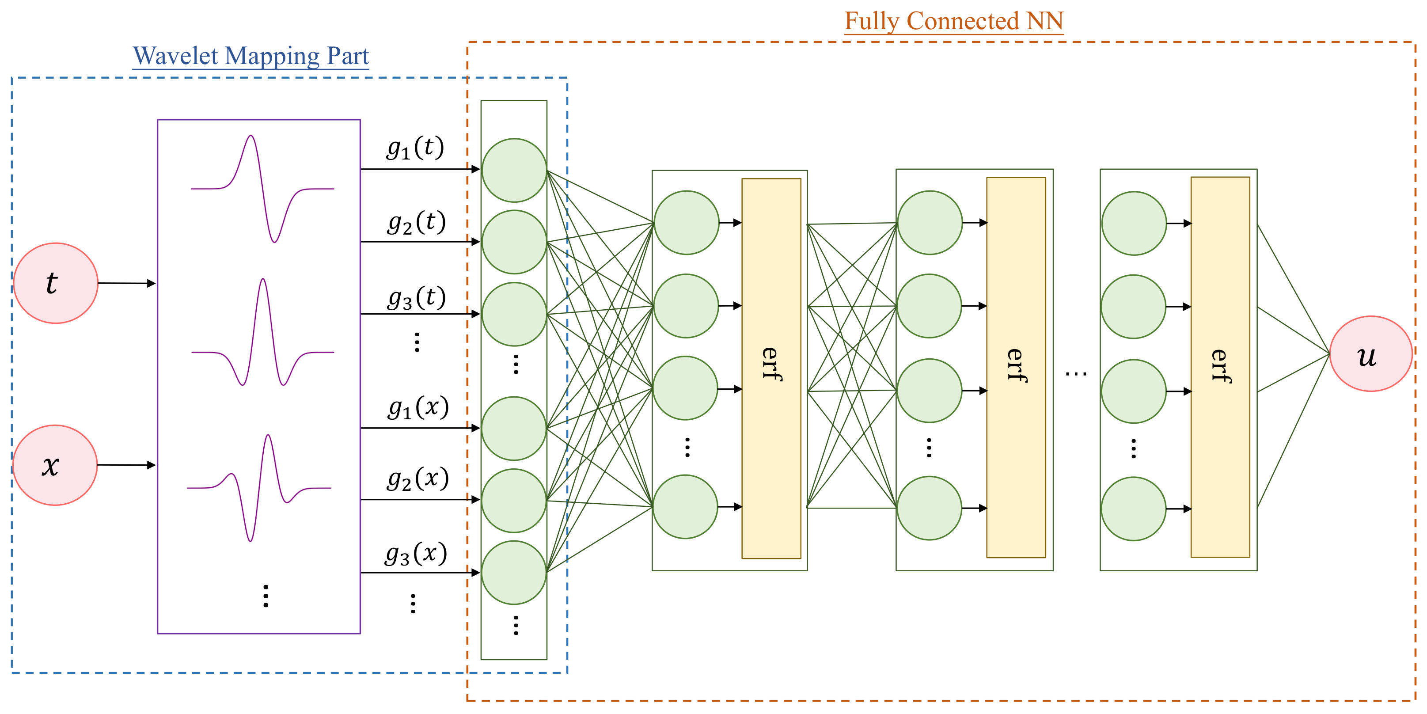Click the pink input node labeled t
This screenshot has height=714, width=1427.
pyautogui.click(x=55, y=283)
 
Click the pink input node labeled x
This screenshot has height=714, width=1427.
pyautogui.click(x=54, y=465)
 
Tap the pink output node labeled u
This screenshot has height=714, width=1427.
pyautogui.click(x=1370, y=354)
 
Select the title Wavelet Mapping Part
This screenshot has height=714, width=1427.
pyautogui.click(x=250, y=56)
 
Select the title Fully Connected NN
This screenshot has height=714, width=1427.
pyautogui.click(x=953, y=21)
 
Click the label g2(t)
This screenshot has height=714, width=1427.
pyautogui.click(x=417, y=222)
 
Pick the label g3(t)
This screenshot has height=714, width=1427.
pyautogui.click(x=417, y=298)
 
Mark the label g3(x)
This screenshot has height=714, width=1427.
pyautogui.click(x=416, y=553)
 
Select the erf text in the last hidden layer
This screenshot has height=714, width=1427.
pyautogui.click(x=1220, y=365)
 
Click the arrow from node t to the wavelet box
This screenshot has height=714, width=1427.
pyautogui.click(x=127, y=283)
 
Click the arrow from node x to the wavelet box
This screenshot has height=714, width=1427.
pyautogui.click(x=126, y=465)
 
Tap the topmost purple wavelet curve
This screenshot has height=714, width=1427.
pyautogui.click(x=262, y=188)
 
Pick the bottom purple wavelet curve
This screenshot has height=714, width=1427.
pyautogui.click(x=259, y=487)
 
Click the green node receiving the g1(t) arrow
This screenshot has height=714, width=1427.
pyautogui.click(x=514, y=170)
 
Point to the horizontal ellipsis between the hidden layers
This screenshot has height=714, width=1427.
pyautogui.click(x=1076, y=374)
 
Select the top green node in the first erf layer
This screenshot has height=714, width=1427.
pyautogui.click(x=687, y=223)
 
